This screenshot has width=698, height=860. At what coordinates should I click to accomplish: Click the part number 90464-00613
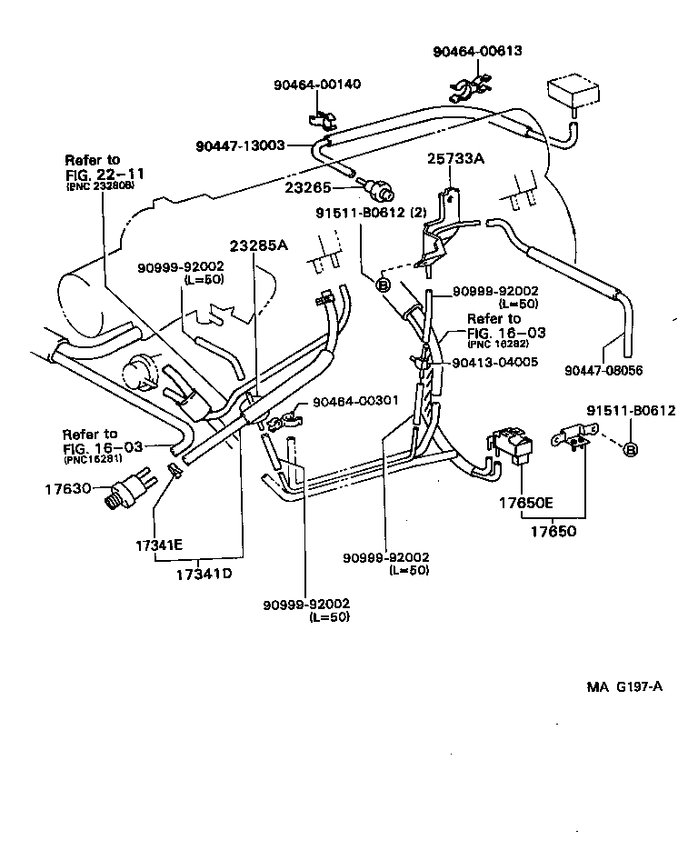point(476,52)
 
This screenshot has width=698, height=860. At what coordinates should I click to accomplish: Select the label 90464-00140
point(317,85)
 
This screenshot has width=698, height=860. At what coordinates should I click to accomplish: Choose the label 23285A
point(258,245)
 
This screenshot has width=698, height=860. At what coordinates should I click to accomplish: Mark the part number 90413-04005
point(494,362)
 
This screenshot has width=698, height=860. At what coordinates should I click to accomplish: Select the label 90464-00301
point(355,401)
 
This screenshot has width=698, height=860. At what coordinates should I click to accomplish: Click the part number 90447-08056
point(603,370)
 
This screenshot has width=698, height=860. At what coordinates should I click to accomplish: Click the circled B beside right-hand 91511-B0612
point(633,450)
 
